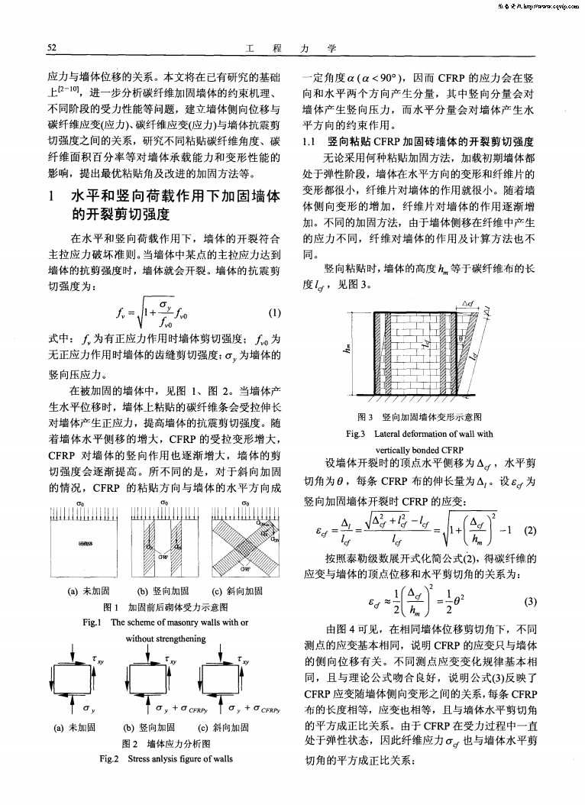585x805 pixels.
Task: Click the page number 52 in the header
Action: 53,48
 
